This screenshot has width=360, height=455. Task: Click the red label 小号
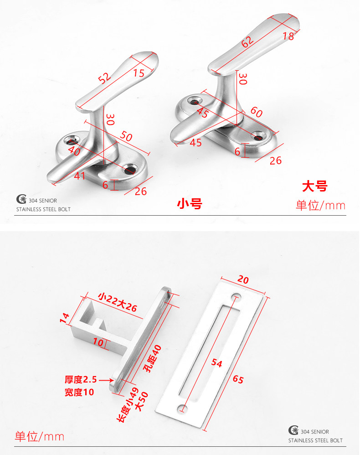(x=189, y=204)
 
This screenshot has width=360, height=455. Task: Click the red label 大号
(x=314, y=186)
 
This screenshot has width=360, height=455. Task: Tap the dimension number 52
(x=105, y=78)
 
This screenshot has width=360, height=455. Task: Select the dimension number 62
(x=247, y=42)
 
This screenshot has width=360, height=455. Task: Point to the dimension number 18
(x=288, y=36)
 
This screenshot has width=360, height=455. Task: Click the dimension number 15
(x=139, y=72)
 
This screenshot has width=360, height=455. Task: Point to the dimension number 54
(x=217, y=363)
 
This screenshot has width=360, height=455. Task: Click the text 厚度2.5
(x=80, y=379)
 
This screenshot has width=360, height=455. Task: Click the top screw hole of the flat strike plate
(x=237, y=296)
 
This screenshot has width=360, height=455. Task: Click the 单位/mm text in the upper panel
(x=320, y=205)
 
